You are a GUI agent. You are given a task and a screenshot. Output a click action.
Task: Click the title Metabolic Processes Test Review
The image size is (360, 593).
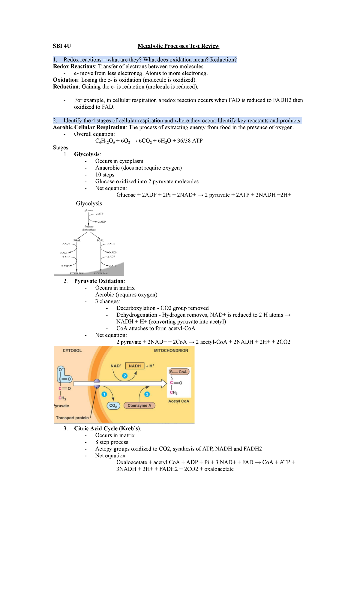178,46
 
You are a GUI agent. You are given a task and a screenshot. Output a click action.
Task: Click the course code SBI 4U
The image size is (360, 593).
62,46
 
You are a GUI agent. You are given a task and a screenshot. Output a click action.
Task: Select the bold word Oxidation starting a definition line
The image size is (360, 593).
65,80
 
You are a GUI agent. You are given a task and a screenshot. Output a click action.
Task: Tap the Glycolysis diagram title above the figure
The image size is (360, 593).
89,203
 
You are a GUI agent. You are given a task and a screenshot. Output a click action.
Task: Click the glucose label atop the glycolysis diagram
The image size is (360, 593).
88,210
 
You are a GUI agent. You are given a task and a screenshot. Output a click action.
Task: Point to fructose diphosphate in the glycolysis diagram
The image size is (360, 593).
89,228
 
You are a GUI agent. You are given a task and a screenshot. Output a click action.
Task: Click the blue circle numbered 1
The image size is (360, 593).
104,394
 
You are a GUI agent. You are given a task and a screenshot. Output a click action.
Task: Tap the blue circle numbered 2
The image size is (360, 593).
125,376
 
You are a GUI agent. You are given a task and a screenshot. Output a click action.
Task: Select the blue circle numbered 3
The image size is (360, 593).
147,394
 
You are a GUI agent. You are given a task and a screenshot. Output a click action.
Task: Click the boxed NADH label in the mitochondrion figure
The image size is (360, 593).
135,366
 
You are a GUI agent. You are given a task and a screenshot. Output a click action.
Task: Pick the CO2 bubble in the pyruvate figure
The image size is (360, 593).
113,406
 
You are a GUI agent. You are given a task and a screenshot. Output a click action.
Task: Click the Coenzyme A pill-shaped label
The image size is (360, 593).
139,405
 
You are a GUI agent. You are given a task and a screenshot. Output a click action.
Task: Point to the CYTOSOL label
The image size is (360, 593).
72,351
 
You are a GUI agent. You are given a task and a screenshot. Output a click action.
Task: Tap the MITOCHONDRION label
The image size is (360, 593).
171,351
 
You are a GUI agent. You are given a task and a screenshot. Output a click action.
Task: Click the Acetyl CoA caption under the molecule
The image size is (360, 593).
178,401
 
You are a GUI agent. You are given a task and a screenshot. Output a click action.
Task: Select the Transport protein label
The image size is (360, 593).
72,418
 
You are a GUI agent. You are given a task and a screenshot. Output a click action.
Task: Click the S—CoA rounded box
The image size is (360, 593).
179,372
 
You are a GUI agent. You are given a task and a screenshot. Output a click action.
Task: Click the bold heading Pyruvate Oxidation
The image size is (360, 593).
99,281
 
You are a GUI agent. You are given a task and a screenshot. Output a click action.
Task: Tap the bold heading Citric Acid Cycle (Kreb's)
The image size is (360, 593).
107,429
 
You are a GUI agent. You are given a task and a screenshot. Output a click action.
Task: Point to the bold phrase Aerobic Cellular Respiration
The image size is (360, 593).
89,127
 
